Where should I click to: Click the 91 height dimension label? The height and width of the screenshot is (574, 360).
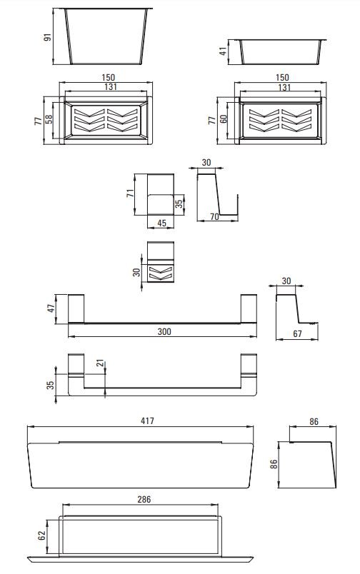[x=48, y=37]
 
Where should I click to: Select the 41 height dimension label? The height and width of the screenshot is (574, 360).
[x=223, y=51]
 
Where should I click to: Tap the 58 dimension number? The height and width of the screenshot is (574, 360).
[x=49, y=119]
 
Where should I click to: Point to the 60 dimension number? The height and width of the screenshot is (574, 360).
[x=224, y=119]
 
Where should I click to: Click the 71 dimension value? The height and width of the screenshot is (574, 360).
[x=131, y=193]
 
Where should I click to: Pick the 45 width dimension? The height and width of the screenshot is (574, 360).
[x=161, y=223]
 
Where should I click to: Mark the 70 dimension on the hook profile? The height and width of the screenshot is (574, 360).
[x=214, y=217]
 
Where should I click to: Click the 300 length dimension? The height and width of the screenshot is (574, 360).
[x=164, y=332]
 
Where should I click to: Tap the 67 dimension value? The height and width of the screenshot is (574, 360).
[x=297, y=334]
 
